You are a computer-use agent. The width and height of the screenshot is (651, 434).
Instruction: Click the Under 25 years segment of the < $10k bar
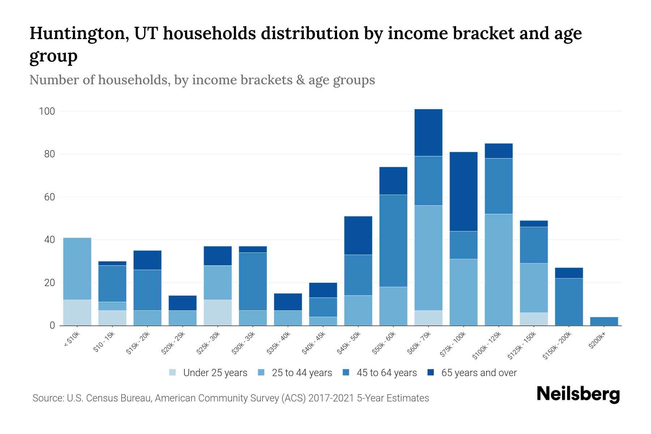coord(77,312)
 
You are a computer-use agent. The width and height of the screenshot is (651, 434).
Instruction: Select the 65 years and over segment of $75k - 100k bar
coord(463,192)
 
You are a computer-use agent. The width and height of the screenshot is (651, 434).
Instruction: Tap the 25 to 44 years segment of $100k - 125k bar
coord(498,269)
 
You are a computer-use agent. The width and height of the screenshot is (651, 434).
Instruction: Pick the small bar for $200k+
coord(604,321)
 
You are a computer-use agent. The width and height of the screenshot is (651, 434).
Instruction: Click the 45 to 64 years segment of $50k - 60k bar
coord(393,241)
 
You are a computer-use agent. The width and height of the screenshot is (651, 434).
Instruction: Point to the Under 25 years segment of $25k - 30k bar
coord(217,312)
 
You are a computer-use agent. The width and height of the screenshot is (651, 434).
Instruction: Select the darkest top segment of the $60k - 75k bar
coord(428,132)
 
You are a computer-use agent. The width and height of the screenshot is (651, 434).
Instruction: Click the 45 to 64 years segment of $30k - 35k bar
coord(253,281)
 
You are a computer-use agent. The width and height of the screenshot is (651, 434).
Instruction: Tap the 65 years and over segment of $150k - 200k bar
coord(569,273)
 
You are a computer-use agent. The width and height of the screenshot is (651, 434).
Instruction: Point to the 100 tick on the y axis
coord(47,111)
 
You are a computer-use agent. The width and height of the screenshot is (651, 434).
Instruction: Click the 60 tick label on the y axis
coord(49,197)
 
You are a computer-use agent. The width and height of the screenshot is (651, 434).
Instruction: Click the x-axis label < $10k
coord(72,340)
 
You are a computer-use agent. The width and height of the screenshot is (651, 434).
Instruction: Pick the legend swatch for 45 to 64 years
coord(346,373)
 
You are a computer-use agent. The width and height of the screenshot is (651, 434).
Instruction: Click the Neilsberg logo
coord(578,394)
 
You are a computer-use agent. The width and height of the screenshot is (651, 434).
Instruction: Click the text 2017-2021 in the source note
coord(331,398)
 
